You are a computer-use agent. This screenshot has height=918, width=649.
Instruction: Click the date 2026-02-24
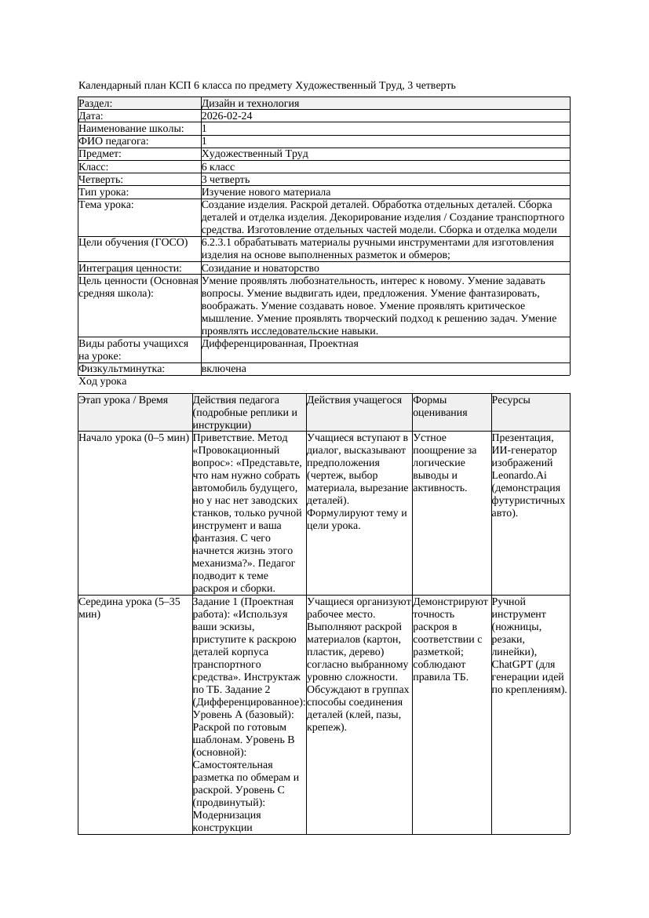click(227, 116)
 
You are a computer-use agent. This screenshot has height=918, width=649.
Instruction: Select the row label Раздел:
click(96, 104)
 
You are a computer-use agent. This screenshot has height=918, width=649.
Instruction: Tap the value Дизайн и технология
click(250, 104)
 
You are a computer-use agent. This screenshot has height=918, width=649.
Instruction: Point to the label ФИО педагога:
click(115, 141)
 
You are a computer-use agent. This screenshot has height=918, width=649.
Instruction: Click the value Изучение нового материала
click(266, 192)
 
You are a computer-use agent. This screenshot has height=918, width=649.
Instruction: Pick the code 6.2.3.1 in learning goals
click(219, 242)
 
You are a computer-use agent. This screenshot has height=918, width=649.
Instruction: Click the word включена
click(224, 369)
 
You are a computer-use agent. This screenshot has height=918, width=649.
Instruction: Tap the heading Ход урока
click(103, 381)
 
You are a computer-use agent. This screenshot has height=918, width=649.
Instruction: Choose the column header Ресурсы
click(511, 400)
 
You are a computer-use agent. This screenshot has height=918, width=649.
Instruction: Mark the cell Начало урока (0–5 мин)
click(133, 438)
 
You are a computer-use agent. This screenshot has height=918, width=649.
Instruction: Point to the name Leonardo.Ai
click(519, 475)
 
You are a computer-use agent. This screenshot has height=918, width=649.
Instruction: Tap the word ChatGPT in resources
click(512, 665)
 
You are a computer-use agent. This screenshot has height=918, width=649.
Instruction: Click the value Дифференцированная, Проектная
click(279, 344)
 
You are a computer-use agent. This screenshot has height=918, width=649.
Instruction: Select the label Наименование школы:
click(132, 129)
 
